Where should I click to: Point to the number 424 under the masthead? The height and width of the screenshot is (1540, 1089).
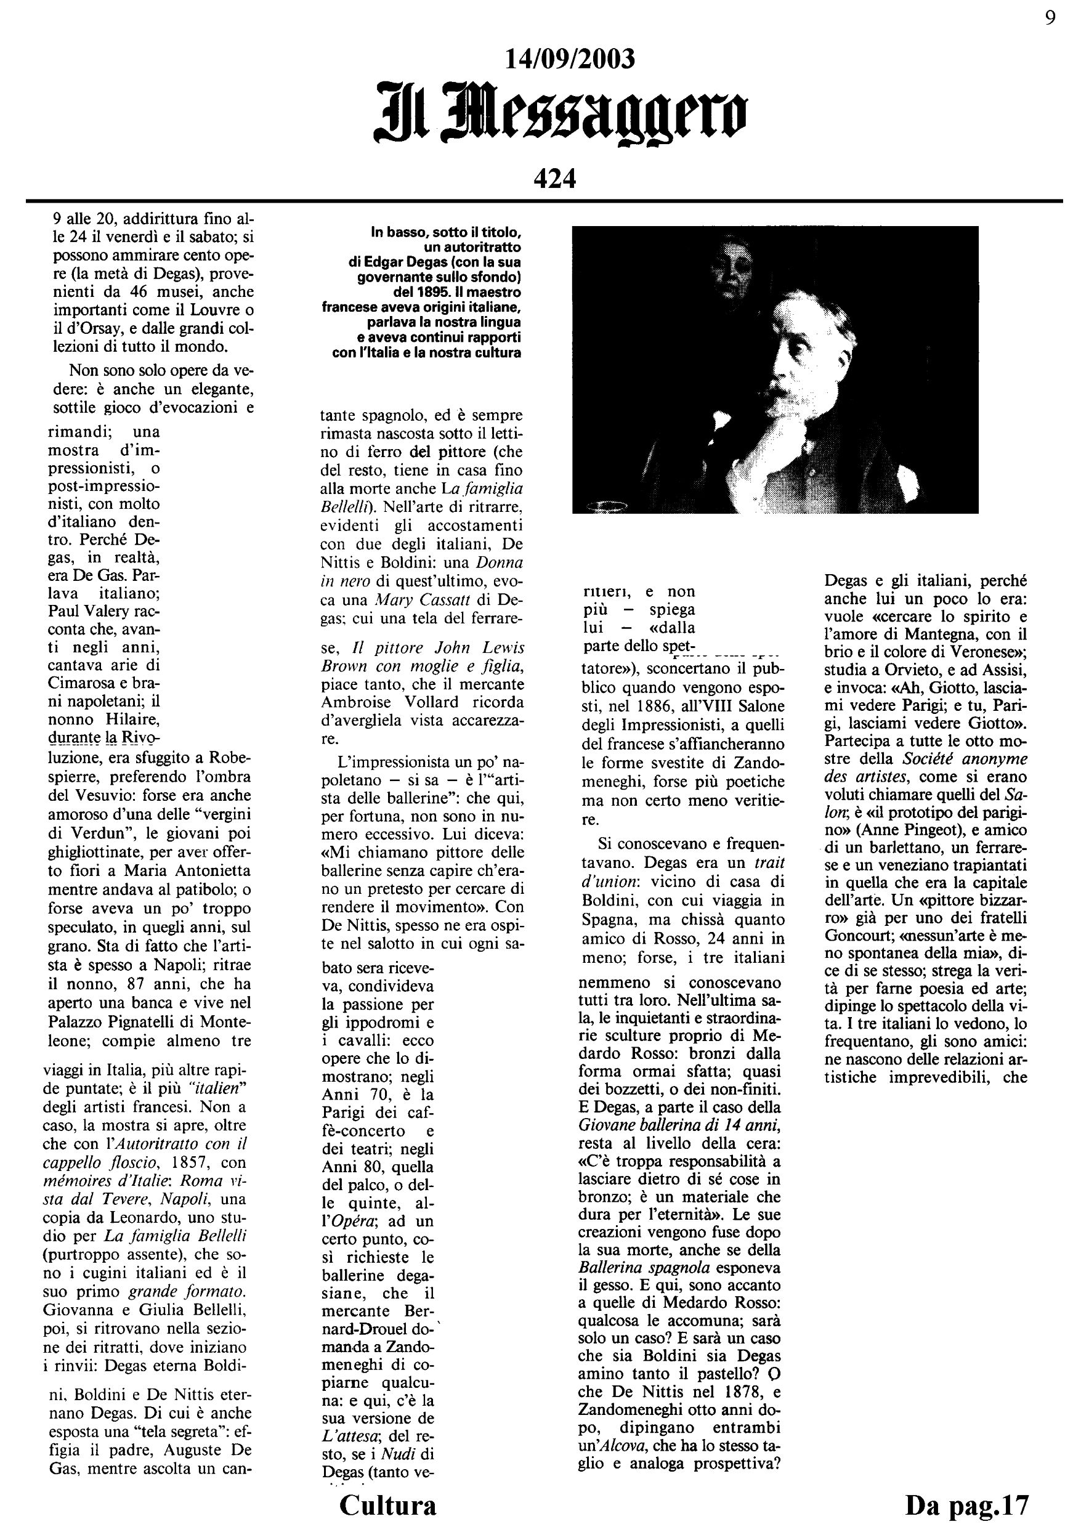[555, 179]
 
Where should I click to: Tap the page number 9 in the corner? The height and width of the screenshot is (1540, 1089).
[1050, 17]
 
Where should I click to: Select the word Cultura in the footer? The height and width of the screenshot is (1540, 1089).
[387, 1505]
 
